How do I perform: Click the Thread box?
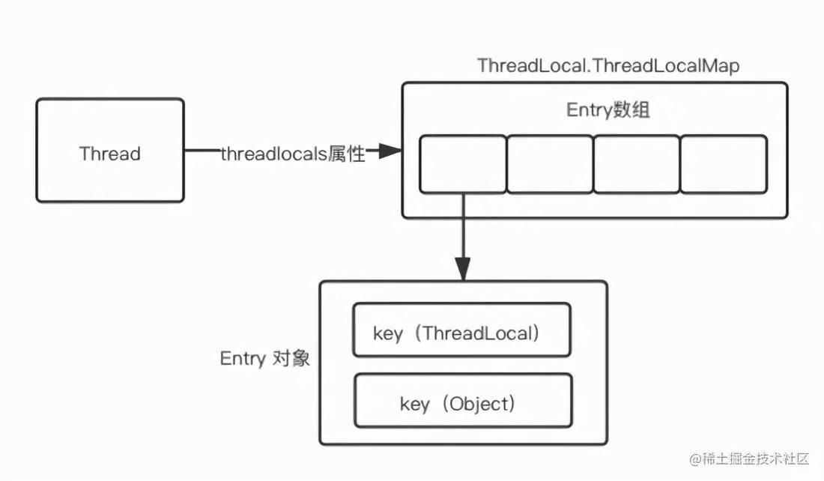click(110, 150)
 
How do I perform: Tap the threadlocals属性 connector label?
click(293, 154)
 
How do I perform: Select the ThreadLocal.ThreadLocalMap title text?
click(608, 66)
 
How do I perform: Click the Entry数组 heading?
click(608, 111)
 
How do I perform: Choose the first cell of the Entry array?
click(462, 163)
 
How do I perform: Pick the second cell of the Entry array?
click(550, 163)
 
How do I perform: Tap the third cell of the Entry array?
click(637, 163)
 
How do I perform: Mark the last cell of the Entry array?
click(724, 163)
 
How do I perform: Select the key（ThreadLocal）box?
click(461, 330)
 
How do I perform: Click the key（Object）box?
click(462, 402)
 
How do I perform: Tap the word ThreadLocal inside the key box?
click(480, 333)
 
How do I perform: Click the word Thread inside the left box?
click(110, 154)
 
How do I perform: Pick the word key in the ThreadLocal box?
click(388, 333)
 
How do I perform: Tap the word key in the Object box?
click(415, 405)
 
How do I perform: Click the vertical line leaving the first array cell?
click(463, 225)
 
